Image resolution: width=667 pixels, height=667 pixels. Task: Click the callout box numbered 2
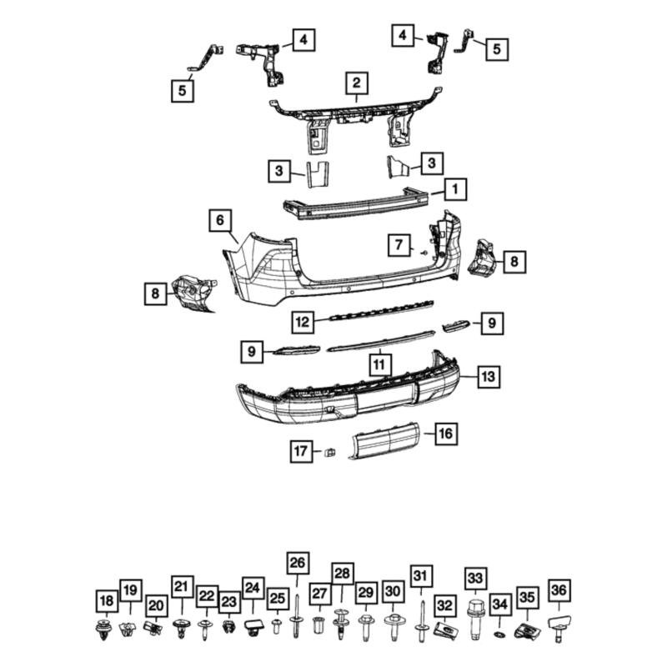[x=356, y=83]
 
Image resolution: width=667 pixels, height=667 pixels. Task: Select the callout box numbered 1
[x=454, y=190]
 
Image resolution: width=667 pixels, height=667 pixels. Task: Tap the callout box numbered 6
[x=220, y=221]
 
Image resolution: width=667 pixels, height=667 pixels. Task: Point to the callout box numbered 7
[x=399, y=245]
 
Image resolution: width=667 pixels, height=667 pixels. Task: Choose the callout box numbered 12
[x=303, y=320]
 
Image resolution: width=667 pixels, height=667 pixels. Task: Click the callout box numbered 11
[x=379, y=364]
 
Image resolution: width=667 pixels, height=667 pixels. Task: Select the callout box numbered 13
[x=488, y=378]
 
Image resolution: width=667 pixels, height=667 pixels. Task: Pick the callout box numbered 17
[x=300, y=452]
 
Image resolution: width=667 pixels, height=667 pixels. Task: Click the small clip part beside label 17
[x=328, y=453]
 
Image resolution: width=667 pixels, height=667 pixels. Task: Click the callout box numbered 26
[x=297, y=564]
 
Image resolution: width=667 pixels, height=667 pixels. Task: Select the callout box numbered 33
[x=474, y=579]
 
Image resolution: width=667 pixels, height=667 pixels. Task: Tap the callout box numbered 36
[x=559, y=591]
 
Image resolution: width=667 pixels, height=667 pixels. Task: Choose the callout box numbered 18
[x=106, y=600]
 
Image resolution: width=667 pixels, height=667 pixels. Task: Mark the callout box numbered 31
[x=422, y=575]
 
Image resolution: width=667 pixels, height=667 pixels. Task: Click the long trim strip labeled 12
[x=379, y=313]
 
